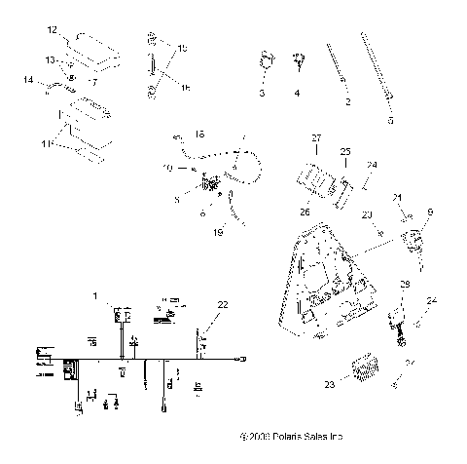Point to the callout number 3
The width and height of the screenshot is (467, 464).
coord(262,94)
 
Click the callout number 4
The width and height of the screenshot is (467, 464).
coord(298,94)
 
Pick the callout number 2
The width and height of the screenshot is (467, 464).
coord(347,100)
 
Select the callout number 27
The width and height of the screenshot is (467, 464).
coord(316,138)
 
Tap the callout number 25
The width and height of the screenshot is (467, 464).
coord(344,153)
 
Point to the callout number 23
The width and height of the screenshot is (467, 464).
coord(329,384)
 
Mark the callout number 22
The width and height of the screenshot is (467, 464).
coord(223,305)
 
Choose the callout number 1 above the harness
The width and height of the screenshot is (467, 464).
coord(95,295)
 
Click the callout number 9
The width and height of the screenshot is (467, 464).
coord(431,212)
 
